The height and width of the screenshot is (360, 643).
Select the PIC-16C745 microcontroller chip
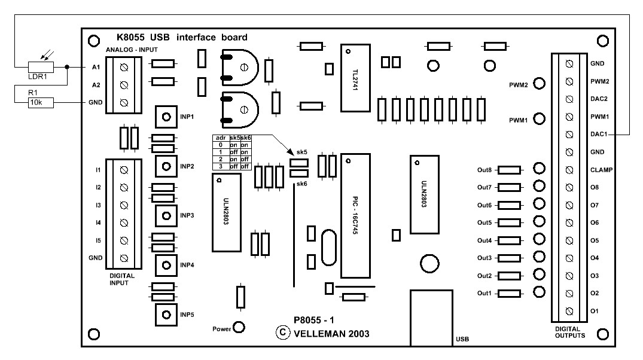356,215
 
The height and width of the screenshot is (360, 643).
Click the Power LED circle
239,328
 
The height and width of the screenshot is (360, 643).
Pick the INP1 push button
166,116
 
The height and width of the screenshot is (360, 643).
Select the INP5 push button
166,315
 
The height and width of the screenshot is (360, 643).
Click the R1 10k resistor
41,103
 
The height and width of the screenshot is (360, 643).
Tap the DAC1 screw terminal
569,135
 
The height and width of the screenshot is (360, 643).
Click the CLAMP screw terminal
569,170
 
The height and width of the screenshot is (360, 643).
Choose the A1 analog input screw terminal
124,67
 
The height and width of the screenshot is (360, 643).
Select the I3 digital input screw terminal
124,205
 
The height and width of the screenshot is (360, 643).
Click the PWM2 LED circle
539,84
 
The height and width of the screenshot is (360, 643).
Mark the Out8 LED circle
539,170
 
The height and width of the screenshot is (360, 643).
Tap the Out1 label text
484,294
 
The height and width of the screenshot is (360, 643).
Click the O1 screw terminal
569,311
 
